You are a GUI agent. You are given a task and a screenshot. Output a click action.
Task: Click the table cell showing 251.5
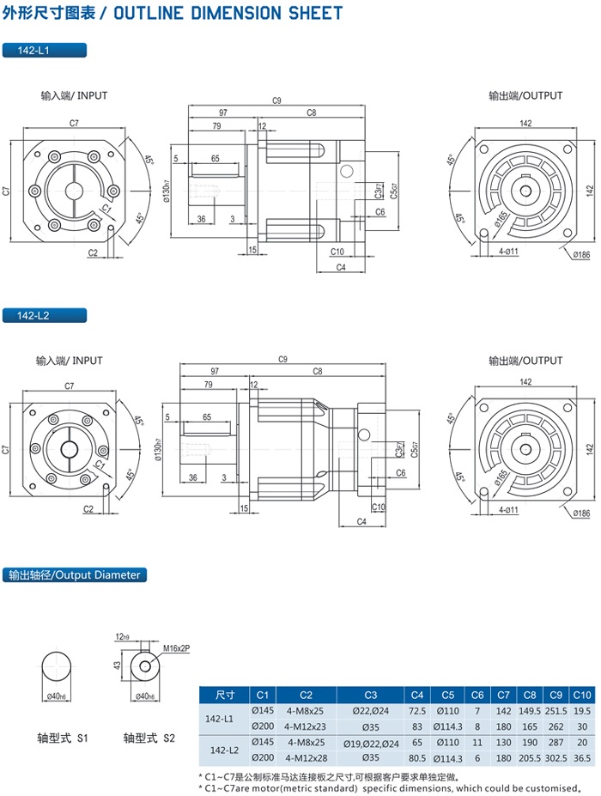pyautogui.click(x=555, y=711)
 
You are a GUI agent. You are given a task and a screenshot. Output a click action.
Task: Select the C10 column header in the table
pyautogui.click(x=581, y=695)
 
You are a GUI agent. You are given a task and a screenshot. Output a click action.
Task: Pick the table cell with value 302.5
pyautogui.click(x=555, y=758)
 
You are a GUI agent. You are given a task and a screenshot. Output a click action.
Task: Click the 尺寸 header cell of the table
pyautogui.click(x=225, y=695)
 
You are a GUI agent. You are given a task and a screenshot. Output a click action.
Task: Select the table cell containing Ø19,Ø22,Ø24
pyautogui.click(x=370, y=742)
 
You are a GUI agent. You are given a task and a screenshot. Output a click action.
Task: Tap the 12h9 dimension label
pyautogui.click(x=121, y=636)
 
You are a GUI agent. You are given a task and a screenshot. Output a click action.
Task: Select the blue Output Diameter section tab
pyautogui.click(x=73, y=574)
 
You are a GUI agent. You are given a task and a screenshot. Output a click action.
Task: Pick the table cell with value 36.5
pyautogui.click(x=581, y=758)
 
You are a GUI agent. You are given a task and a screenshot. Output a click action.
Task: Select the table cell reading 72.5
pyautogui.click(x=417, y=711)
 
